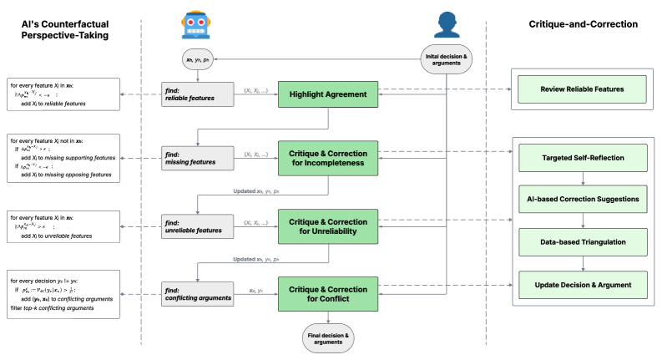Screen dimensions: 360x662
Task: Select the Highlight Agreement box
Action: [x=328, y=94]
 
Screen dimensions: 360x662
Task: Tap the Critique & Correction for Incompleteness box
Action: [x=328, y=159]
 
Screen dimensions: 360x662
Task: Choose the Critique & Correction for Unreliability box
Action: [x=328, y=226]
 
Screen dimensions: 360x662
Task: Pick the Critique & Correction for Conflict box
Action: [x=328, y=293]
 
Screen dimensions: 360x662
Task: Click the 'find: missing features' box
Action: [x=197, y=159]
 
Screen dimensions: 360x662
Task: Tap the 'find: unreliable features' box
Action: [x=197, y=226]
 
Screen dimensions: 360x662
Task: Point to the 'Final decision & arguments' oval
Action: [x=328, y=337]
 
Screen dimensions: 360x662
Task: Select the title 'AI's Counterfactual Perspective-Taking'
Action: [x=66, y=31]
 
